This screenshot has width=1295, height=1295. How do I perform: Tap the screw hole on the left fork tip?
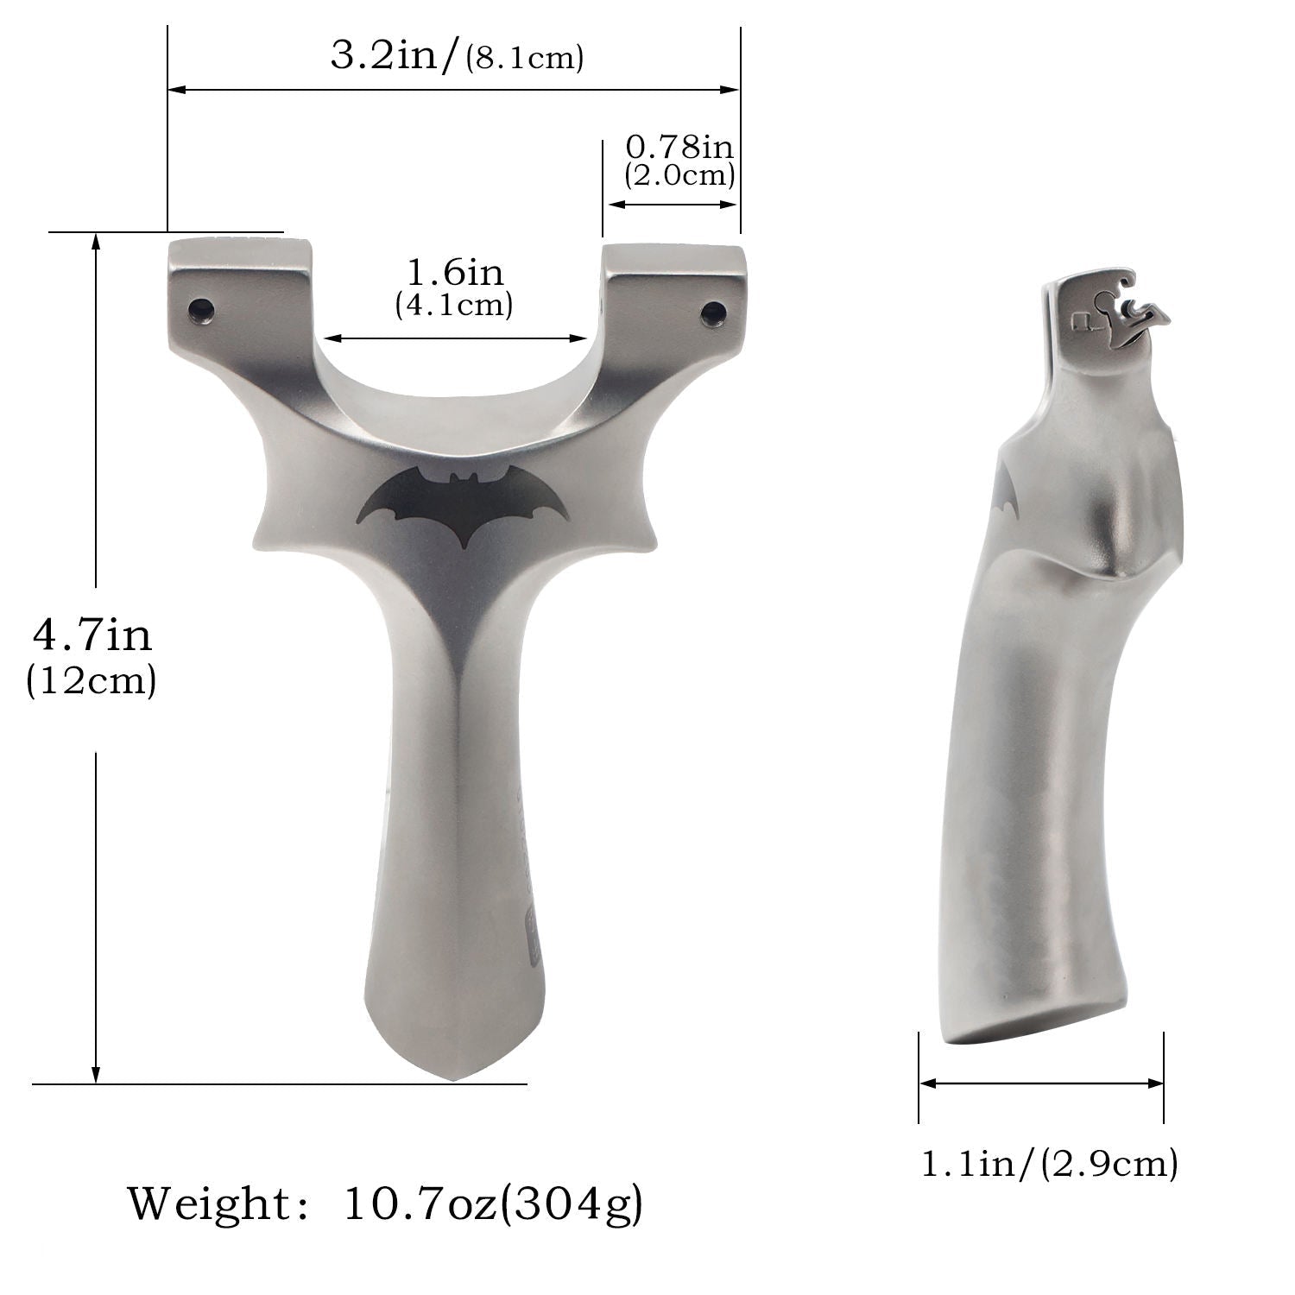click(x=202, y=307)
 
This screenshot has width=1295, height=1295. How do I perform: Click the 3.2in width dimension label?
click(x=456, y=57)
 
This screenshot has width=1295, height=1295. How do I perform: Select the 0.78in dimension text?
click(x=679, y=147)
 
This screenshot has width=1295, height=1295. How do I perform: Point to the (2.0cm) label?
click(x=679, y=176)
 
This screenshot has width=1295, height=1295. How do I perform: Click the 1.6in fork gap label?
click(x=454, y=273)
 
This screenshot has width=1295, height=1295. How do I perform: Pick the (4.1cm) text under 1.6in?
click(x=454, y=306)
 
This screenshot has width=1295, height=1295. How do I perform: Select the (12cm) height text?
click(x=92, y=681)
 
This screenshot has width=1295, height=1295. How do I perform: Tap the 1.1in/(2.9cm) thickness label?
click(x=1048, y=1165)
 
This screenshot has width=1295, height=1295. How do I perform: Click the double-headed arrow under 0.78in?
click(x=673, y=205)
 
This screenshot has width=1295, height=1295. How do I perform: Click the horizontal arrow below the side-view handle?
click(x=1041, y=1083)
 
